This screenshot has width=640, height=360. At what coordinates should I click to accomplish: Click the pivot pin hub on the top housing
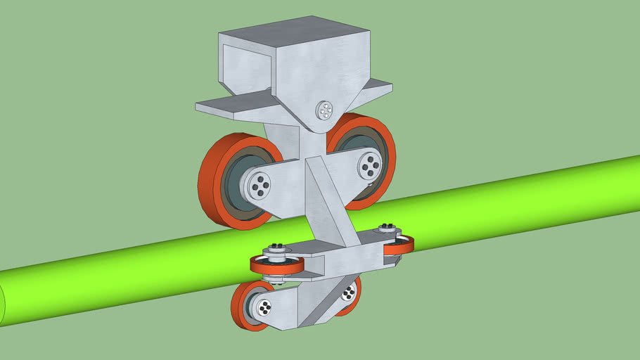click(324, 110)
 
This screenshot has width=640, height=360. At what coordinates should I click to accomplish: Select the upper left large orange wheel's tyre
click(211, 182)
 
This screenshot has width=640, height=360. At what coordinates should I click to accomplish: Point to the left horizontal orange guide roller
click(277, 266)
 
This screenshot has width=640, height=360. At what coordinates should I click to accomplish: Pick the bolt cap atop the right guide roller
click(386, 228)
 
